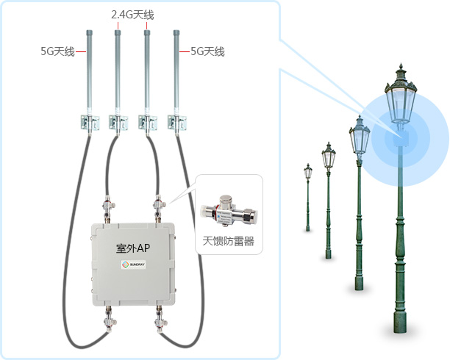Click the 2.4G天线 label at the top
click(132, 14)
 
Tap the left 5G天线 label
click(57, 51)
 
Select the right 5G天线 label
click(207, 51)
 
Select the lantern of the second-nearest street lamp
click(360, 136)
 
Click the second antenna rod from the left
click(118, 70)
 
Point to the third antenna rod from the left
click(147, 70)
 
